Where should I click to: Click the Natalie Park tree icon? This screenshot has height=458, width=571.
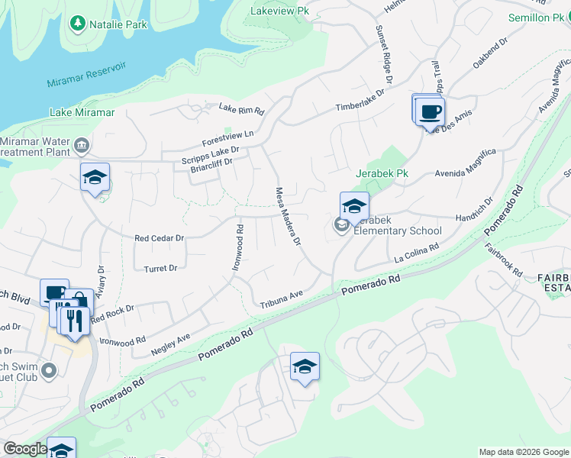coord(77,24)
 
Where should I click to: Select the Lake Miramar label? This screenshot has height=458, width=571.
coord(82,112)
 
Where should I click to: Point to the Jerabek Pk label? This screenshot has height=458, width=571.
coord(382,174)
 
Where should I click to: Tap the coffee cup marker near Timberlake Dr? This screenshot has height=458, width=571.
coord(430,111)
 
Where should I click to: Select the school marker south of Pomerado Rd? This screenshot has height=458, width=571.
coord(305,367)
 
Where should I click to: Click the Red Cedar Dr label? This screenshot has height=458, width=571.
coord(160,238)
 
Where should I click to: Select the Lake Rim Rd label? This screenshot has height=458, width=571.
coord(241,109)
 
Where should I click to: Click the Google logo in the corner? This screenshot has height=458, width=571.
coord(25,449)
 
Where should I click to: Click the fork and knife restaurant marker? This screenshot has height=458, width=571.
coord(74,319)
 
